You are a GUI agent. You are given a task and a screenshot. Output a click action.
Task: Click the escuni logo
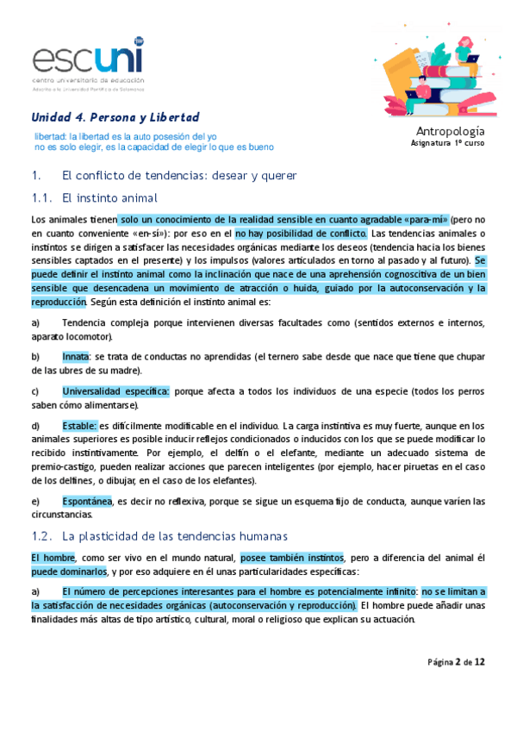point(87,61)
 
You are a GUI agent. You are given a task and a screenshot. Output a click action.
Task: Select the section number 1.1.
point(41,197)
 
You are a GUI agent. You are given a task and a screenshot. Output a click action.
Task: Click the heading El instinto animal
point(110,197)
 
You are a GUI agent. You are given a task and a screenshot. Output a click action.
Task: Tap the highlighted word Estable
point(79,426)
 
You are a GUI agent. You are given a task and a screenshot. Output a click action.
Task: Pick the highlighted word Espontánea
point(87,501)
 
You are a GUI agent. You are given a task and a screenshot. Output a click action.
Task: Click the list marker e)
point(35,501)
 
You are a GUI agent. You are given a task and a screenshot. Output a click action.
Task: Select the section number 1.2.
point(41,535)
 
